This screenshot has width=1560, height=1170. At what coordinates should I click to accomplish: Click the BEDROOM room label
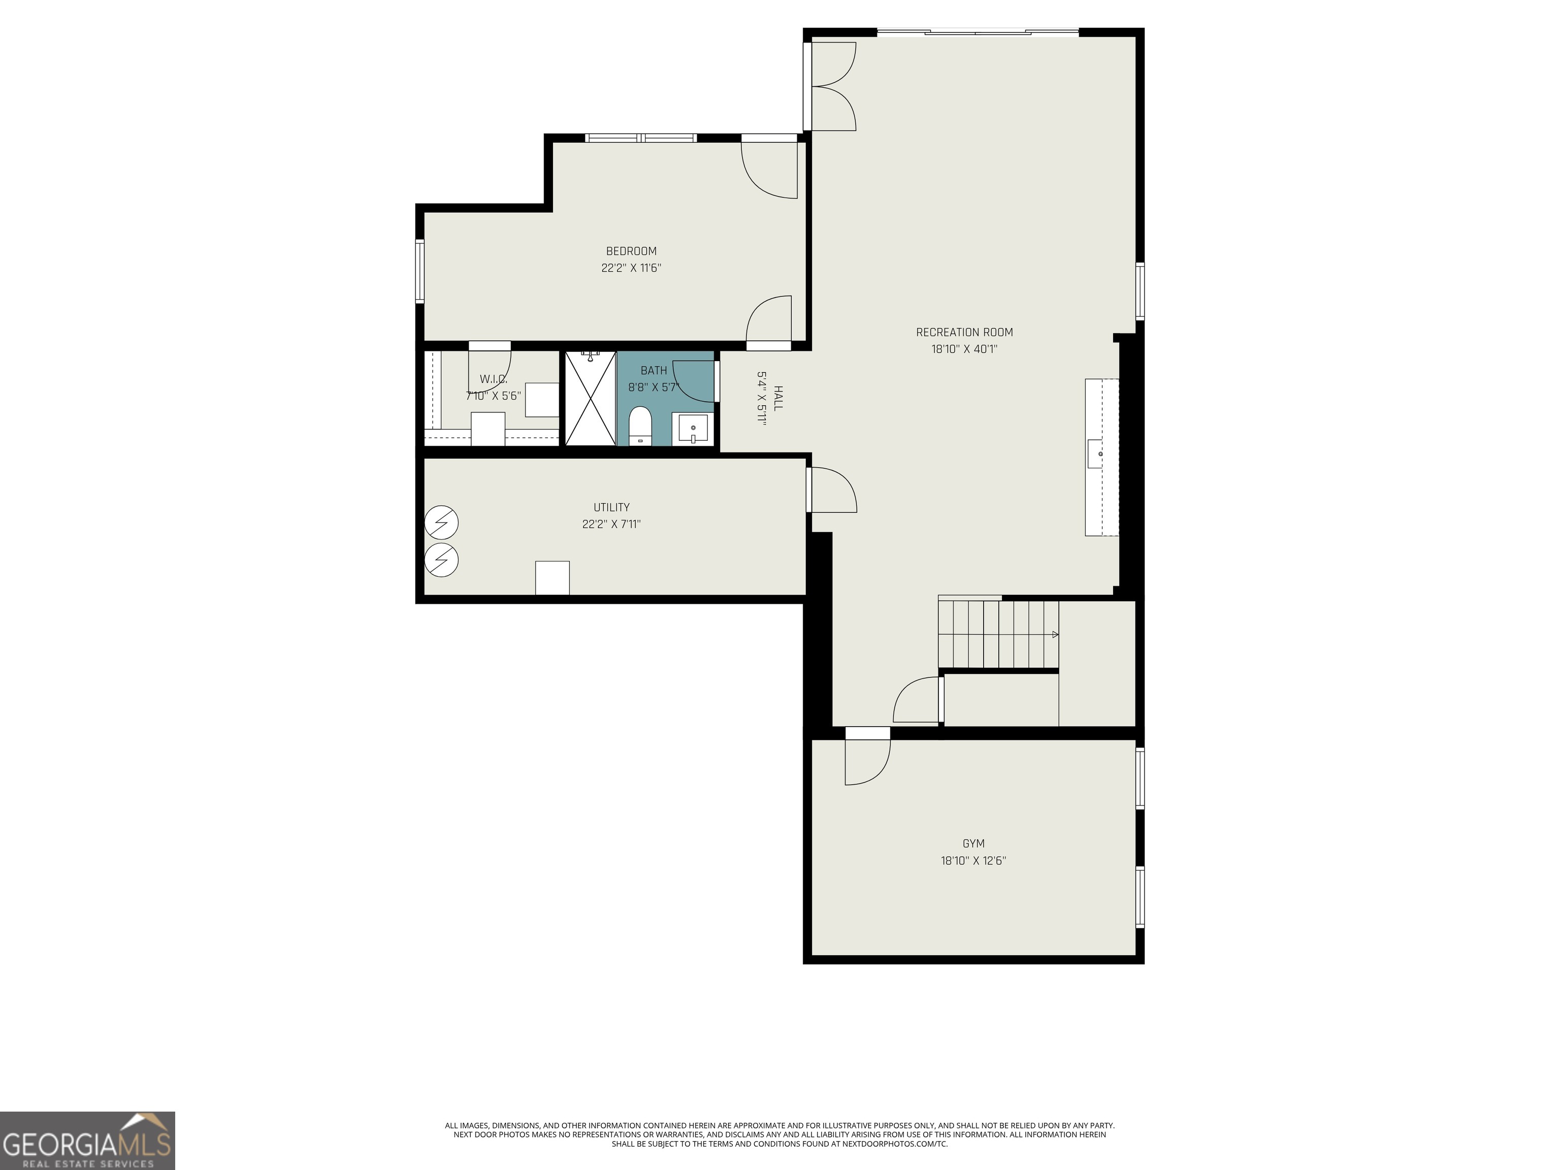pyautogui.click(x=631, y=251)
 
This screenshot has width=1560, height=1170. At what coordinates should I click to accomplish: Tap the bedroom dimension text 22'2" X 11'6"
pyautogui.click(x=631, y=268)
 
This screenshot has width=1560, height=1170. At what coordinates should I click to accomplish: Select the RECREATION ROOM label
pyautogui.click(x=964, y=332)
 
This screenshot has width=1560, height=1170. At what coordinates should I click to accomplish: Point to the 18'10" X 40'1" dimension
pyautogui.click(x=964, y=349)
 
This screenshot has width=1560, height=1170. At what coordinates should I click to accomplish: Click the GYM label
pyautogui.click(x=973, y=843)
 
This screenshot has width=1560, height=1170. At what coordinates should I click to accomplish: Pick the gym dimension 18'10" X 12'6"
pyautogui.click(x=973, y=860)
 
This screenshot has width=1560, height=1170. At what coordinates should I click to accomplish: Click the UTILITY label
pyautogui.click(x=611, y=507)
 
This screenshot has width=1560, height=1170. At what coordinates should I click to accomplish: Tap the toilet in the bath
pyautogui.click(x=640, y=425)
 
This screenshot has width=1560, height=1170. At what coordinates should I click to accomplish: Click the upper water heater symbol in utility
pyautogui.click(x=441, y=523)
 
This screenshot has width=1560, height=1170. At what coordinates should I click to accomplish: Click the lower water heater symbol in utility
pyautogui.click(x=441, y=561)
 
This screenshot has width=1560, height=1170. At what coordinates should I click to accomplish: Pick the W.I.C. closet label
pyautogui.click(x=494, y=379)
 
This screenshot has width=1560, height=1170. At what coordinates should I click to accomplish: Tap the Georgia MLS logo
pyautogui.click(x=87, y=1141)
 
